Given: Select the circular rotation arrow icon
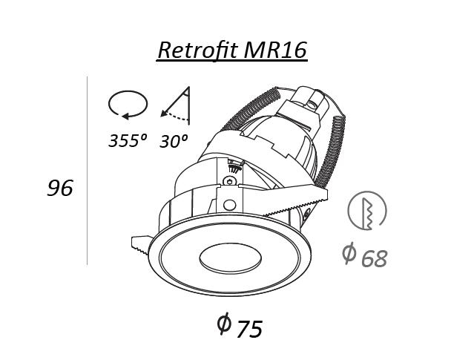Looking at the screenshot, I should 128,105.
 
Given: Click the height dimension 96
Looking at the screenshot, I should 60,188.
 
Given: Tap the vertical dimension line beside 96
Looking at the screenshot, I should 88,171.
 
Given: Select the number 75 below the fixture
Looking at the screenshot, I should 248,329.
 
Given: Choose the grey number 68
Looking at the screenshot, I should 375,258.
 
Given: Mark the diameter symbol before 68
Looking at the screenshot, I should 349,253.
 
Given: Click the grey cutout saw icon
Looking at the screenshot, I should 367,212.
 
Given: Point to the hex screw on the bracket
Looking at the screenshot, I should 231,180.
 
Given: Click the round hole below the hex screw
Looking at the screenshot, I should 231,204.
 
